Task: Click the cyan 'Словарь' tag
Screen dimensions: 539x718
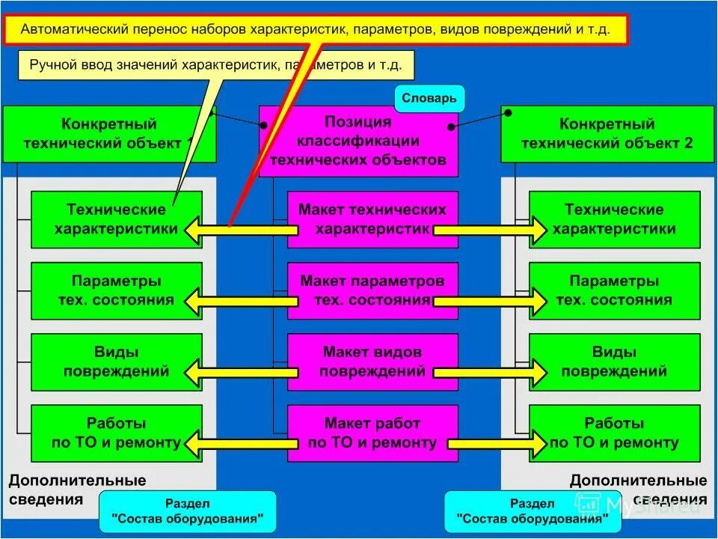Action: pos(429,98)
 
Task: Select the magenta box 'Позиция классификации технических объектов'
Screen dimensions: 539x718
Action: pos(358,141)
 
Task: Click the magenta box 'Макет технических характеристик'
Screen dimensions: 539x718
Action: pos(372,219)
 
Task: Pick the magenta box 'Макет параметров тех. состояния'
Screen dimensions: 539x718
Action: pos(372,290)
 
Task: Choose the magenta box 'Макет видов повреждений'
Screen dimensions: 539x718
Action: pos(372,361)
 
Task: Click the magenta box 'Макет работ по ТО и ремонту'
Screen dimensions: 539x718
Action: pos(372,433)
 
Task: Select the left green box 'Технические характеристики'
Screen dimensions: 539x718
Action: pos(116,219)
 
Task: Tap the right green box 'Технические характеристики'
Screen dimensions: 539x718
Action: pos(614,219)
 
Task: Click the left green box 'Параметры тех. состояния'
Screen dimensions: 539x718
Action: pos(116,290)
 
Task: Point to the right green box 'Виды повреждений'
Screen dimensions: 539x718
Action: pos(614,361)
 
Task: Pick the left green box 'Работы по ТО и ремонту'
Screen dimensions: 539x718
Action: pos(116,433)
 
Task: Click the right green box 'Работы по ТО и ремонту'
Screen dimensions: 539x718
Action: pos(614,433)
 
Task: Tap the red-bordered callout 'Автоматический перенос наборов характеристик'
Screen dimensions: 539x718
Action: pos(315,31)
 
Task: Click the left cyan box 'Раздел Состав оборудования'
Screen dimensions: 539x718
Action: pos(188,511)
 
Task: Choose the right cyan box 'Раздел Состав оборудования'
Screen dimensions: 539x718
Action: pos(533,511)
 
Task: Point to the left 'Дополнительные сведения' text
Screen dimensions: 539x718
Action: pos(77,490)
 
